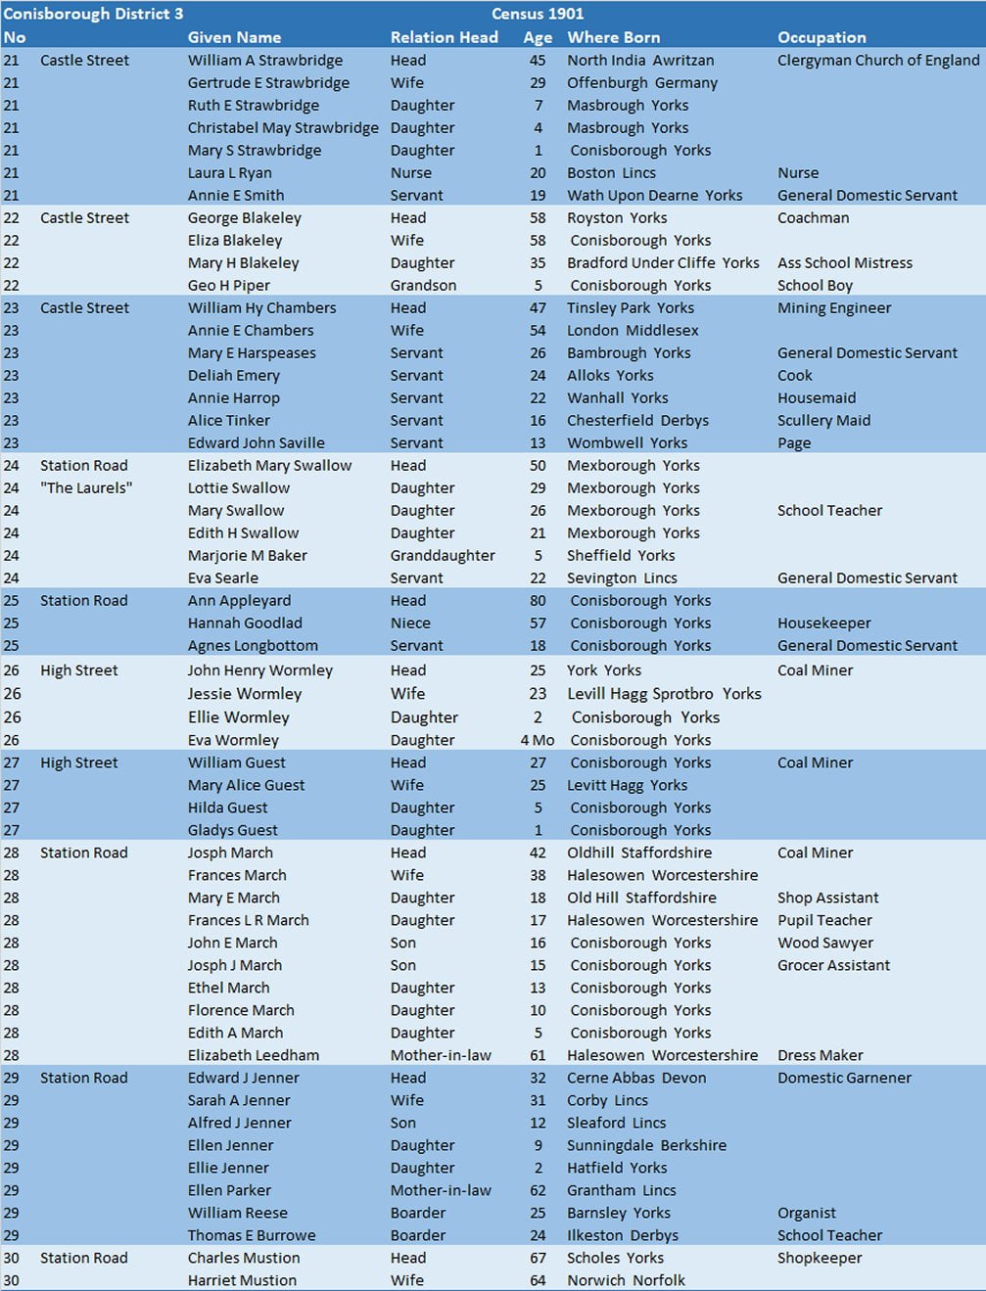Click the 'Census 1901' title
tap(538, 14)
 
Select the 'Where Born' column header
tap(613, 37)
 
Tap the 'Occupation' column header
tap(822, 37)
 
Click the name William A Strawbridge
tap(264, 60)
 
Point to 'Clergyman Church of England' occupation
tap(877, 60)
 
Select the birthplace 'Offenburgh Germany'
tap(641, 82)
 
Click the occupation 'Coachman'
tap(813, 217)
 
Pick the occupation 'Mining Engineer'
tap(833, 307)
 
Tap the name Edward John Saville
tap(256, 442)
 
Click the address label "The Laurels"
tap(86, 487)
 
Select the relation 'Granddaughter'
tap(443, 555)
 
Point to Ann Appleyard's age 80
tap(538, 600)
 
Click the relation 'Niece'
tap(410, 622)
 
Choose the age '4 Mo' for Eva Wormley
tap(537, 740)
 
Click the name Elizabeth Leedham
tap(253, 1055)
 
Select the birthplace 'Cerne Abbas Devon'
tap(635, 1078)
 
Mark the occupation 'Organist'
tap(806, 1213)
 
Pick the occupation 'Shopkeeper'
tap(819, 1258)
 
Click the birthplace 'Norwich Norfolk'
tap(626, 1280)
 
